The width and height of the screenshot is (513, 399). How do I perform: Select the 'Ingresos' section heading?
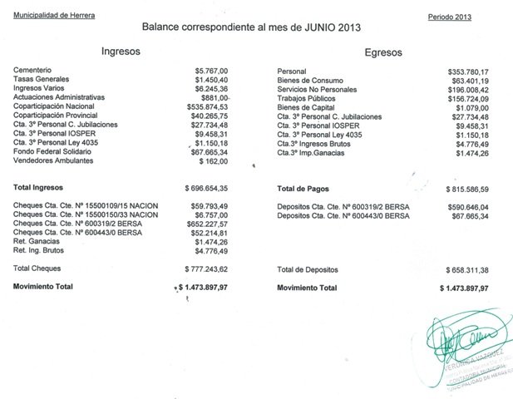121,51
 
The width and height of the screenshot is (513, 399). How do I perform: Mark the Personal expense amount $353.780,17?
463,71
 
